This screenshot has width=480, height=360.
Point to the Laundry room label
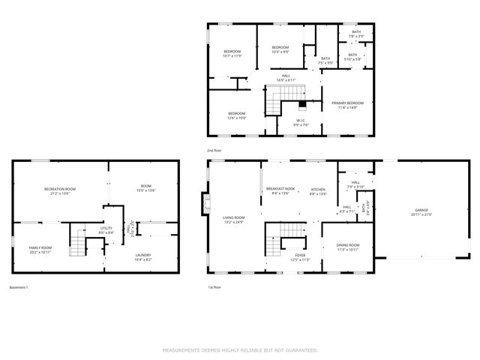(142, 256)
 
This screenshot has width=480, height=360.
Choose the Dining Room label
(347, 247)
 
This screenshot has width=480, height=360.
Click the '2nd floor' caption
(214, 150)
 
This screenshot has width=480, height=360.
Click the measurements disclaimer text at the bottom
(240, 349)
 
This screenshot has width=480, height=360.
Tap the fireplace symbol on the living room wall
(205, 204)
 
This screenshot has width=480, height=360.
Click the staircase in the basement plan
(79, 241)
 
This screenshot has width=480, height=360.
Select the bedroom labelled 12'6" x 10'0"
(236, 115)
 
